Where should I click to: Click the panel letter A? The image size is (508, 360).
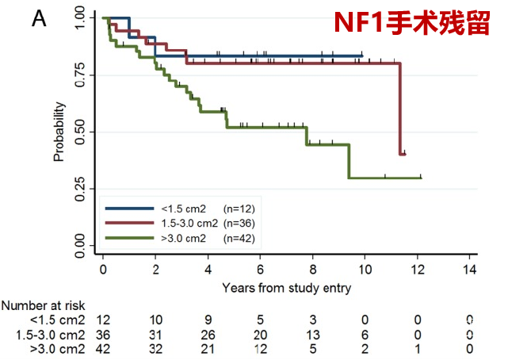39,20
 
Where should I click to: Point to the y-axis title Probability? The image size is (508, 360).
59,132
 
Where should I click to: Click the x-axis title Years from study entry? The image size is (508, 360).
286,287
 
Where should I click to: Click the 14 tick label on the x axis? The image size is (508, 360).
470,270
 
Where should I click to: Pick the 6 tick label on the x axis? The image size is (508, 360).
260,270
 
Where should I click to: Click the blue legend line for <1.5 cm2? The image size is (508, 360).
131,208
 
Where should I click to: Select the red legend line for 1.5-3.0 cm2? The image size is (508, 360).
131,223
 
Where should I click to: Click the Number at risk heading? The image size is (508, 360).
42,305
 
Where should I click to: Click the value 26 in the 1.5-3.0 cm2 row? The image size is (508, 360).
208,333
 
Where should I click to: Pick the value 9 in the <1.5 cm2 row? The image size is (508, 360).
208,320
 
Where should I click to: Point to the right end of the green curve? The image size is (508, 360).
421,178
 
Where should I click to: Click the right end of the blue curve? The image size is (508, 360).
363,56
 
